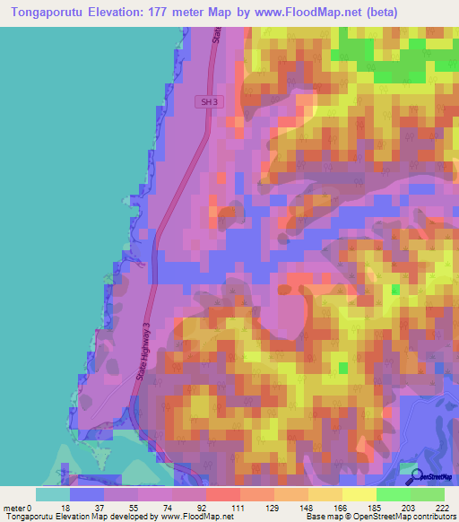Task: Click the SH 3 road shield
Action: pyautogui.click(x=208, y=103)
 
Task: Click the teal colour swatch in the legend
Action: pyautogui.click(x=53, y=493)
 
